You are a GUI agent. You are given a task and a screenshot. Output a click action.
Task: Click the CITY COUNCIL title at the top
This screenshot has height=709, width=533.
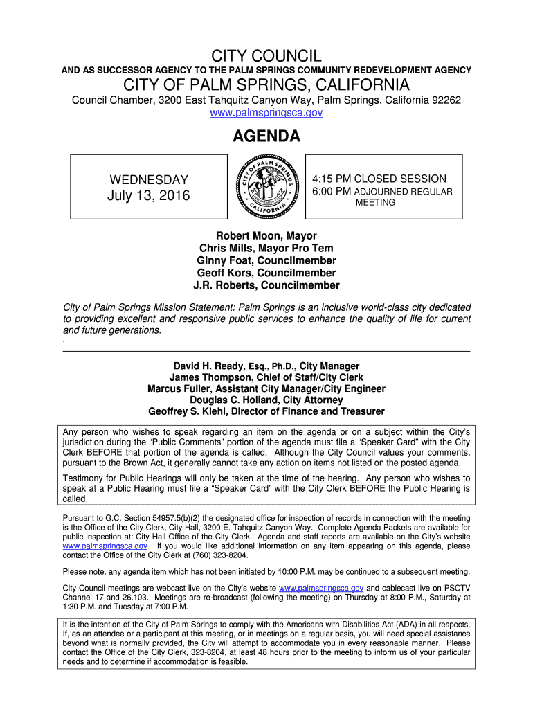point(266,55)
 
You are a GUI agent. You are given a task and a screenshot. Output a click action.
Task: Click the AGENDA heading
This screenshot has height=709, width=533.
point(266,137)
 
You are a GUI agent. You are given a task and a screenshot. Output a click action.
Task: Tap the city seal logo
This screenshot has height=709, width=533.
point(266,186)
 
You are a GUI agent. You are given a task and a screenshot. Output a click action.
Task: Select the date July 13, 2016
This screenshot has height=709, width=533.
point(149,196)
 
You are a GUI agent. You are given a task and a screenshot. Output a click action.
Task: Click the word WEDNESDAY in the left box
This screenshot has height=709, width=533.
point(149,181)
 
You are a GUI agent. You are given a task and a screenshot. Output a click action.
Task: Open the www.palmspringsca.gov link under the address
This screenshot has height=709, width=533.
point(266,113)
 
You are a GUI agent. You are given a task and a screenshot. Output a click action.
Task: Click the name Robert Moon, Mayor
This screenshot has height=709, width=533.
point(266,236)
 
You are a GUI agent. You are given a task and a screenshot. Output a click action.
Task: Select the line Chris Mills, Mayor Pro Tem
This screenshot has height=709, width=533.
point(266,249)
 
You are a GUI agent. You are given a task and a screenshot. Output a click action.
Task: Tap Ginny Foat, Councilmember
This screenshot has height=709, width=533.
point(266,261)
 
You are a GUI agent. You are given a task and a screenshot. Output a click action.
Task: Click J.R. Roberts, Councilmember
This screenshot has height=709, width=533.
point(266,285)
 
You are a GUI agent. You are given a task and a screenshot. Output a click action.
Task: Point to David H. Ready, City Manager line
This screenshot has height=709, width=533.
point(266,366)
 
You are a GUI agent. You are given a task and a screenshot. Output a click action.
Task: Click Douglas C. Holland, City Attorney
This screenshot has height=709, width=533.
point(266,400)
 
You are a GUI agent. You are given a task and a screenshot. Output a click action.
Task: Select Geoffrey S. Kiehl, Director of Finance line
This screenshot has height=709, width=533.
point(266,411)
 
